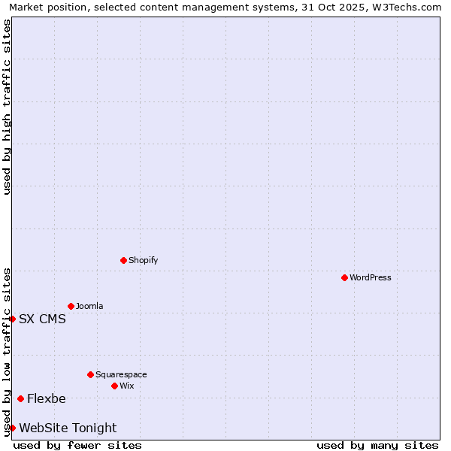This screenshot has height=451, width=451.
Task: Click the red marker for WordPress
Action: [344, 277]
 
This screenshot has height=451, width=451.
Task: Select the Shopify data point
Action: [123, 260]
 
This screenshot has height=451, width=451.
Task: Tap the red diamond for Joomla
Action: [71, 306]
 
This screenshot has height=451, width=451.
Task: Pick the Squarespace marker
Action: [90, 374]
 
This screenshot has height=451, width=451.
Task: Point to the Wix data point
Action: [114, 386]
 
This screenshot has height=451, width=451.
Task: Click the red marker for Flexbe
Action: [20, 398]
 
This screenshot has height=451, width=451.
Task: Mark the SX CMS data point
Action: [12, 319]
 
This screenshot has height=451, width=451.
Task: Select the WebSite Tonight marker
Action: [12, 428]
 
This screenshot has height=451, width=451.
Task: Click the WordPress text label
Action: [371, 277]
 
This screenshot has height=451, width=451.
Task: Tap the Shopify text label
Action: [144, 260]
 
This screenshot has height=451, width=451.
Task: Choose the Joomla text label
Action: [89, 306]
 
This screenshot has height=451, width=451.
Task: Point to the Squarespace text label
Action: [121, 374]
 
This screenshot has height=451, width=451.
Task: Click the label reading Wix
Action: [127, 386]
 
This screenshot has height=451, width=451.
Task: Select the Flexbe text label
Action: [47, 398]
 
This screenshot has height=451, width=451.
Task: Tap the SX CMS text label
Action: [42, 319]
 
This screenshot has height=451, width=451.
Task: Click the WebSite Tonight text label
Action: [68, 428]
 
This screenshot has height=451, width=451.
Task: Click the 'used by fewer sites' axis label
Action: [77, 445]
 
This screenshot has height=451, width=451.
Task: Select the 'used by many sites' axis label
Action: [377, 445]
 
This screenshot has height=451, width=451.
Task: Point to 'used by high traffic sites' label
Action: [7, 107]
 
